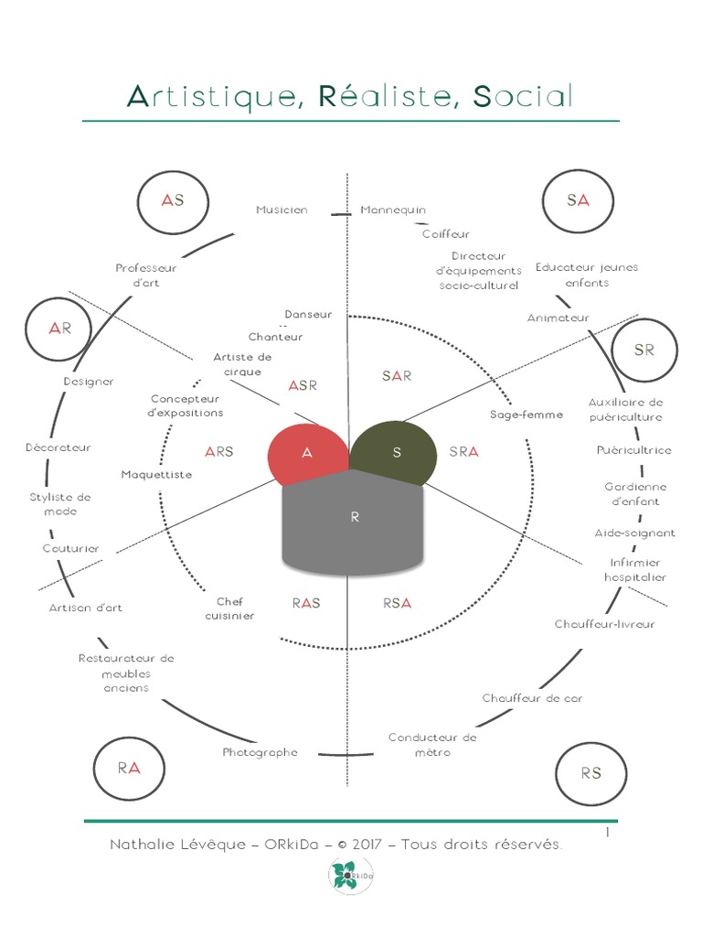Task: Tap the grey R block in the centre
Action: coord(353,522)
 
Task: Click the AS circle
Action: coord(173,200)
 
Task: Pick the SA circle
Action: coord(578,200)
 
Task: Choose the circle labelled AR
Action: coord(59,328)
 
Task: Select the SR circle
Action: coord(644,350)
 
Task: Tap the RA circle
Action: coord(129,769)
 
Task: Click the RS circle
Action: coord(590,773)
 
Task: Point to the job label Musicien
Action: coord(282,210)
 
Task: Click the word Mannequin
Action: coord(393,210)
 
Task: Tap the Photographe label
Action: coord(261,752)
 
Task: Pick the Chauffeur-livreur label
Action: coord(604,624)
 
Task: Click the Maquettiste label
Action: coord(156,475)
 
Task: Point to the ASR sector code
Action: coord(303,385)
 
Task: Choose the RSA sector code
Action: coord(398,603)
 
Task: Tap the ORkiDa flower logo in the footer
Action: coord(345,876)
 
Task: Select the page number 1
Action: coord(607,832)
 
